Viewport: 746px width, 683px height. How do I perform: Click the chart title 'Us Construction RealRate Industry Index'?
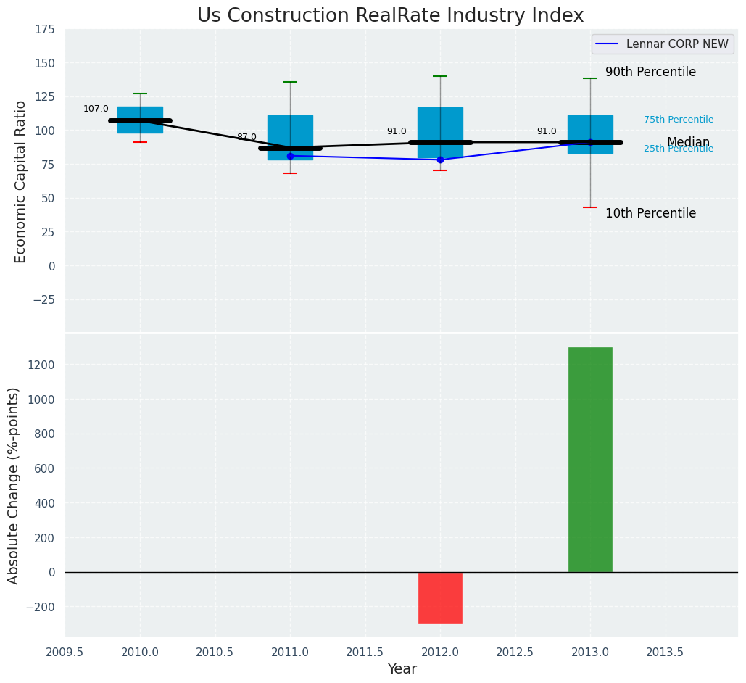click(390, 16)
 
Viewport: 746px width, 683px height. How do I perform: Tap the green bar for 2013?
click(590, 460)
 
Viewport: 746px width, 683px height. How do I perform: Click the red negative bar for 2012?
click(440, 597)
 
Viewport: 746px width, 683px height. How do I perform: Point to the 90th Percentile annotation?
click(650, 73)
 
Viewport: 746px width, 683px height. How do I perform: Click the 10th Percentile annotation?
click(650, 214)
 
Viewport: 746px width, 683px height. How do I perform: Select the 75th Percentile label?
click(679, 120)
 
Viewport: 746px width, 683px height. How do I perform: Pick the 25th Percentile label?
click(679, 149)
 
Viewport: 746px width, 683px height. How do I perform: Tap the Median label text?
click(688, 142)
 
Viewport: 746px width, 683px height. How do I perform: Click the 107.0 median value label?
click(96, 109)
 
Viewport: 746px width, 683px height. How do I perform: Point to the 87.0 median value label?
click(246, 137)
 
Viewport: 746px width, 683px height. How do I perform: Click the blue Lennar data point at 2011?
click(290, 156)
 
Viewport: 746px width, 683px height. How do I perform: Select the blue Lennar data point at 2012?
click(440, 160)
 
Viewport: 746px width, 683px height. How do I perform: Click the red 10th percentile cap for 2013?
click(590, 207)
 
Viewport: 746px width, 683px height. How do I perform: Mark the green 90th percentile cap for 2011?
click(290, 82)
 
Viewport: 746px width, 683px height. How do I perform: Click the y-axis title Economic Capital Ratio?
click(20, 181)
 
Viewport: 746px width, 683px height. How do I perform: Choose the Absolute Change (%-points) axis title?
click(13, 485)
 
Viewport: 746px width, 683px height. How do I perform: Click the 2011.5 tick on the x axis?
click(365, 652)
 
